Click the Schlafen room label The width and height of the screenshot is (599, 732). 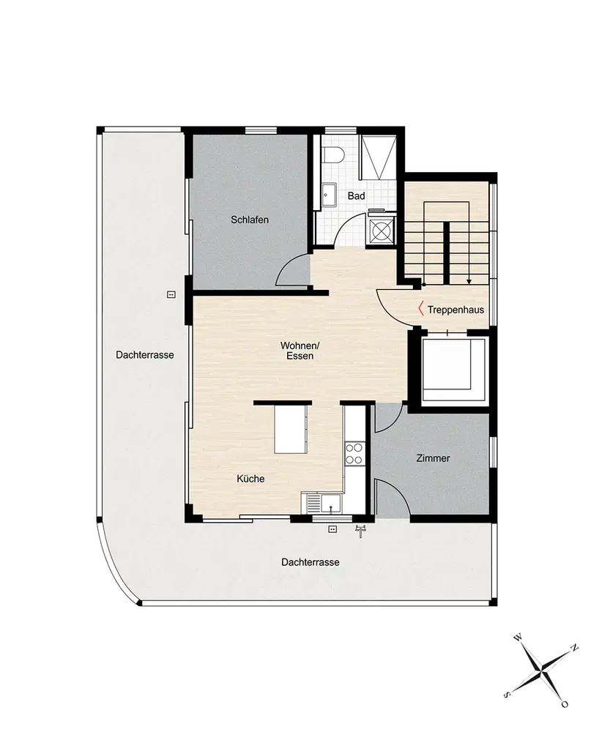pyautogui.click(x=250, y=220)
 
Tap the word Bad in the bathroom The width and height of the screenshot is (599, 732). pyautogui.click(x=356, y=196)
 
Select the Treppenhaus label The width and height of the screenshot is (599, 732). pyautogui.click(x=455, y=310)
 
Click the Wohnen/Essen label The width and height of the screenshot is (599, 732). pyautogui.click(x=299, y=351)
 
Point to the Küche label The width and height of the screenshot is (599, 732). pyautogui.click(x=250, y=479)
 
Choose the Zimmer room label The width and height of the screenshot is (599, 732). pyautogui.click(x=434, y=458)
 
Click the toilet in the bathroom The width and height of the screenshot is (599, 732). pyautogui.click(x=333, y=154)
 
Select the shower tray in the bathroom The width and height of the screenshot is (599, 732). pyautogui.click(x=378, y=157)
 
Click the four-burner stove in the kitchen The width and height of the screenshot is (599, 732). pyautogui.click(x=354, y=454)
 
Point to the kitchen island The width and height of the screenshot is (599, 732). pyautogui.click(x=291, y=428)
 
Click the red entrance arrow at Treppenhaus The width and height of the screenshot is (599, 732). pyautogui.click(x=420, y=309)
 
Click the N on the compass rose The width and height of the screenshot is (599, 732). pyautogui.click(x=575, y=648)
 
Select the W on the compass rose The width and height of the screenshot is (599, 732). pyautogui.click(x=517, y=638)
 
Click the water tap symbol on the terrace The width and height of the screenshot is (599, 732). pyautogui.click(x=360, y=531)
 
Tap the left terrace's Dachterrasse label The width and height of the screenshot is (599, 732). pyautogui.click(x=145, y=355)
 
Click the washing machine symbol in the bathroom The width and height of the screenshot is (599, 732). pyautogui.click(x=382, y=231)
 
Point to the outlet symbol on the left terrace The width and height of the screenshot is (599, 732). pyautogui.click(x=171, y=294)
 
